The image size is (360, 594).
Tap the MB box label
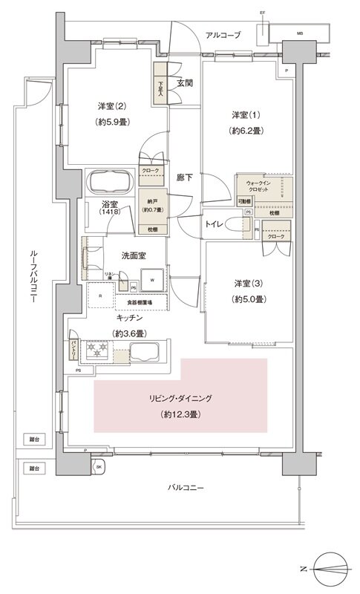pos(300,33)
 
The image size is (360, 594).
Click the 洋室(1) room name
pos(244,114)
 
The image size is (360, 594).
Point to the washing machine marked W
pos(152,281)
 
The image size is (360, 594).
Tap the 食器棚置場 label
pos(139,303)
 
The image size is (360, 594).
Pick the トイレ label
pos(215,223)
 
